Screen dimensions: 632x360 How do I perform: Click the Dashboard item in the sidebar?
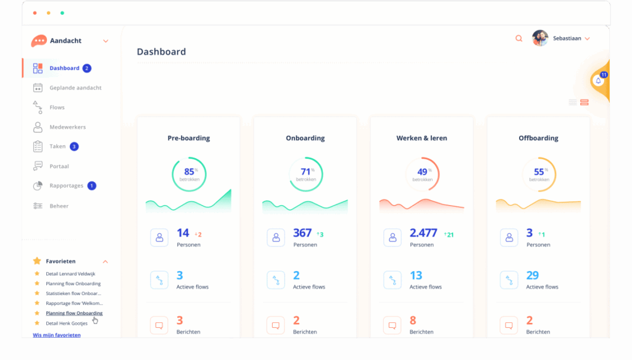[x=64, y=68]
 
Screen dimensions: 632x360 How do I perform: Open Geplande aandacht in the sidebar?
[x=75, y=88]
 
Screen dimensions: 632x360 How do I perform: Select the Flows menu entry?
[x=57, y=107]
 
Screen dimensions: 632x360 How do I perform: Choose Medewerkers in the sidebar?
[x=67, y=127]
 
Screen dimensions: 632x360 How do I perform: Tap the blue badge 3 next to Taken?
[x=74, y=146]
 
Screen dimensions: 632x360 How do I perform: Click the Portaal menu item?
[x=59, y=166]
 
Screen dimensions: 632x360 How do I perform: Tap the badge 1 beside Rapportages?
[x=92, y=186]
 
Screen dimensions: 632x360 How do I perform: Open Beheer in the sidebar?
[x=59, y=206]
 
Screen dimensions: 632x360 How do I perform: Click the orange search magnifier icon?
[x=518, y=38]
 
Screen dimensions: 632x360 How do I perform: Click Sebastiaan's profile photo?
[x=540, y=38]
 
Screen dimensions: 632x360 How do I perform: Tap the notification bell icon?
[x=598, y=81]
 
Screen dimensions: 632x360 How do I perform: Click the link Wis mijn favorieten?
[x=56, y=335]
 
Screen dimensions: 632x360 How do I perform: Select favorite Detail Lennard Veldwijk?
[x=70, y=274]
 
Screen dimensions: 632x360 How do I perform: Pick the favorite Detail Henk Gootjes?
[x=67, y=324]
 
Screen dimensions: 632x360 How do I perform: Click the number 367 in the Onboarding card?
[x=302, y=233]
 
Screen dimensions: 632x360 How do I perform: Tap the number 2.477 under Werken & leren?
[x=423, y=233]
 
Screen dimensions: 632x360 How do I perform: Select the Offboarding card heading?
[x=538, y=138]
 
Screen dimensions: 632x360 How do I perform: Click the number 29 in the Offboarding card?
[x=533, y=275]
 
